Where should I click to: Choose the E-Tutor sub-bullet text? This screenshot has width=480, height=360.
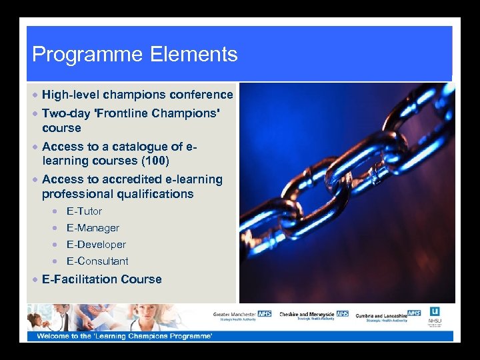coord(84,211)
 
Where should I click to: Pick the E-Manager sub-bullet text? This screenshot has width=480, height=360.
coord(93,228)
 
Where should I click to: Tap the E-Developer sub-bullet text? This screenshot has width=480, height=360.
coord(96,245)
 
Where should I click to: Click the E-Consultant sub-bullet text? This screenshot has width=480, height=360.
coord(97,261)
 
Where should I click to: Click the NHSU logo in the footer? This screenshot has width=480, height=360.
coord(435,316)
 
